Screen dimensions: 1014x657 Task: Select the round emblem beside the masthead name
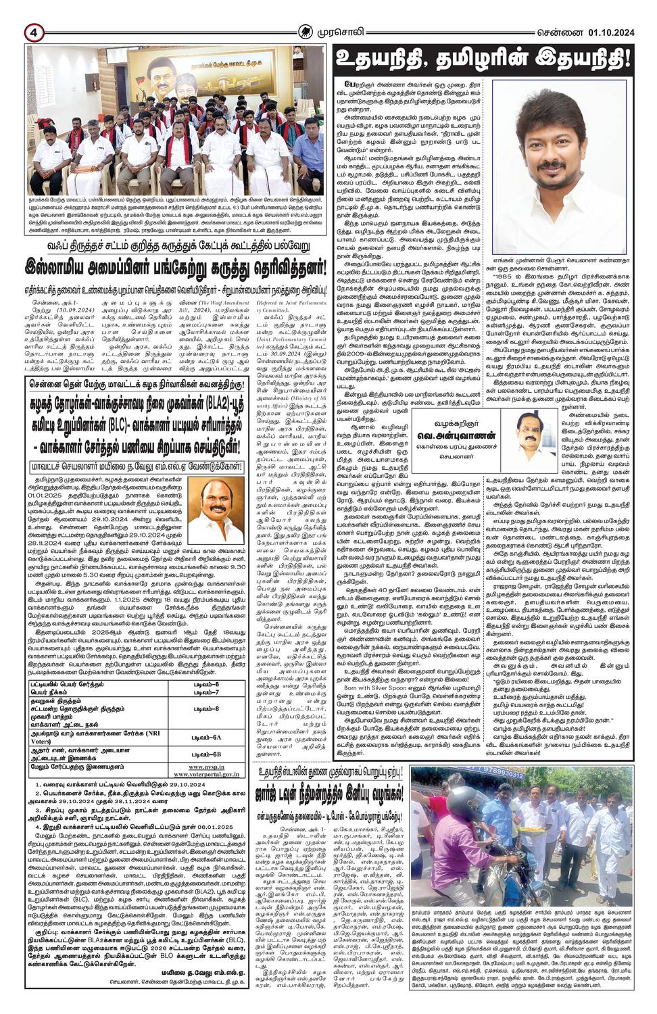coord(308,31)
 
